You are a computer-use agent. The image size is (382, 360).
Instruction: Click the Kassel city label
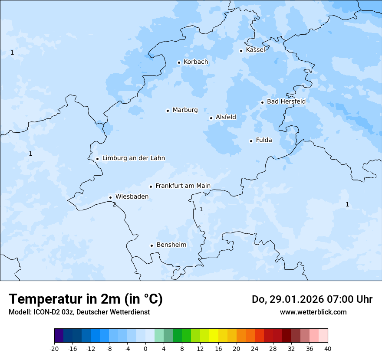[255, 50]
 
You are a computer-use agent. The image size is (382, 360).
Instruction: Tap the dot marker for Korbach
[179, 62]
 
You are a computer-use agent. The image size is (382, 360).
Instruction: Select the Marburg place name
[185, 110]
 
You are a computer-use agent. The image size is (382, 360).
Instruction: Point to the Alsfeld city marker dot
[211, 118]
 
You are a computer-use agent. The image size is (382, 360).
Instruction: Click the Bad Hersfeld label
[286, 101]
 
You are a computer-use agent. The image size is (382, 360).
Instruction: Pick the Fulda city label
[264, 140]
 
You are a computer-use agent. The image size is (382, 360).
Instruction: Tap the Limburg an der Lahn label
[133, 158]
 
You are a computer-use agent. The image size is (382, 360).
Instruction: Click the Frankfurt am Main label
[183, 186]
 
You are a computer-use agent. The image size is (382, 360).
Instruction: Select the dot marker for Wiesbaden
[111, 197]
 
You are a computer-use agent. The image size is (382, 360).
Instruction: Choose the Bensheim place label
[171, 245]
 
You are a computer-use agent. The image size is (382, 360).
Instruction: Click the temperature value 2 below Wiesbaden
[114, 204]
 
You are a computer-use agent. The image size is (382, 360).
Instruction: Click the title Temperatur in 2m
[86, 299]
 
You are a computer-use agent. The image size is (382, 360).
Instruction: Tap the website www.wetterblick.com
[313, 312]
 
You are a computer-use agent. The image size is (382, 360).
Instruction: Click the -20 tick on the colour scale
[54, 349]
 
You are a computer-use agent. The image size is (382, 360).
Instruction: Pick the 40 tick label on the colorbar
[328, 349]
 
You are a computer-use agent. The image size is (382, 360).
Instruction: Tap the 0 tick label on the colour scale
[145, 349]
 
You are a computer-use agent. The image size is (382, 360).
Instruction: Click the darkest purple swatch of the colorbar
[59, 336]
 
